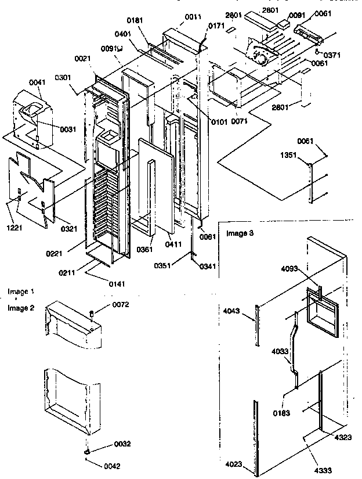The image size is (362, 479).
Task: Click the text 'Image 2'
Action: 21,308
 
